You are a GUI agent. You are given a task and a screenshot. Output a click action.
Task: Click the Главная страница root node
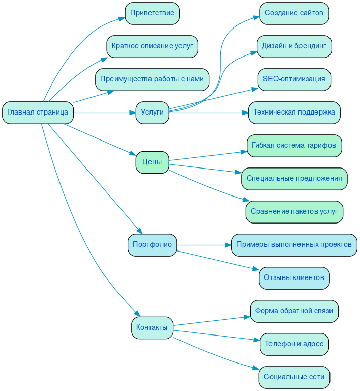tap(38, 113)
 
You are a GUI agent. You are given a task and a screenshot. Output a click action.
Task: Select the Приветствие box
tap(152, 13)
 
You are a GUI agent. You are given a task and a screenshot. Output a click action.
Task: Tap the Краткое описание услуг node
tap(152, 46)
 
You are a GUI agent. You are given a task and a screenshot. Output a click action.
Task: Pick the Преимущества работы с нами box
tap(152, 79)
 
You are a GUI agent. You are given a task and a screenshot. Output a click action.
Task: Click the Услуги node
tap(152, 113)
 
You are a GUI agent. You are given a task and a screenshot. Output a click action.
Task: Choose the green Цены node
tap(152, 162)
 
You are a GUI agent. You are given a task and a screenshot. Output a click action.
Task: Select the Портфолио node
tap(152, 245)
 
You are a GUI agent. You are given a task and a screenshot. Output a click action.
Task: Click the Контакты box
tap(152, 328)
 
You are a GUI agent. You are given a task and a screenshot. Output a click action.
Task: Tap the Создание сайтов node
tap(294, 13)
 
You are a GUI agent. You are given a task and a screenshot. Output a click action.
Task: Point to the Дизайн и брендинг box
tap(294, 46)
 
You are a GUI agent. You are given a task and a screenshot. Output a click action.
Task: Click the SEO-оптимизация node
tap(294, 79)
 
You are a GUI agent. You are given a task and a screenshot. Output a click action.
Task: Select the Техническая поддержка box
tap(294, 113)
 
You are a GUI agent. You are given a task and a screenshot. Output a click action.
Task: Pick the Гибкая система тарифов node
tap(294, 146)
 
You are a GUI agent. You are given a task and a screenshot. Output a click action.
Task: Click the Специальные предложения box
tap(294, 179)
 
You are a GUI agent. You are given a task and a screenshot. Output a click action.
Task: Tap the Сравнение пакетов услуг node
tap(294, 212)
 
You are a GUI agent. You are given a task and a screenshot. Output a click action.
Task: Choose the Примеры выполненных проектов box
tap(294, 245)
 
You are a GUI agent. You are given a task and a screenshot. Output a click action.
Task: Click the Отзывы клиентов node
tap(294, 278)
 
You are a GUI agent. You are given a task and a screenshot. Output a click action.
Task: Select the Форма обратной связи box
tap(294, 311)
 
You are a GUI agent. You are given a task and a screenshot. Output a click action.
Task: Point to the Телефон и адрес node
tap(294, 344)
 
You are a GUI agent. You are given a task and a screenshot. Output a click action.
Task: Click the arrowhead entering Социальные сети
tap(256, 369)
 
